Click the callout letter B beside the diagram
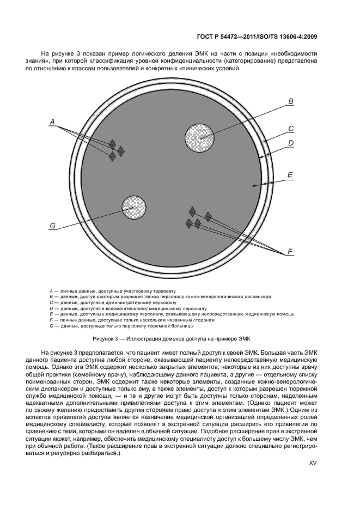coord(291,101)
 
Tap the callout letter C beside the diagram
coord(291,129)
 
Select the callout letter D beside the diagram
coord(291,143)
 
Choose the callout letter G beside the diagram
coord(53,225)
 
